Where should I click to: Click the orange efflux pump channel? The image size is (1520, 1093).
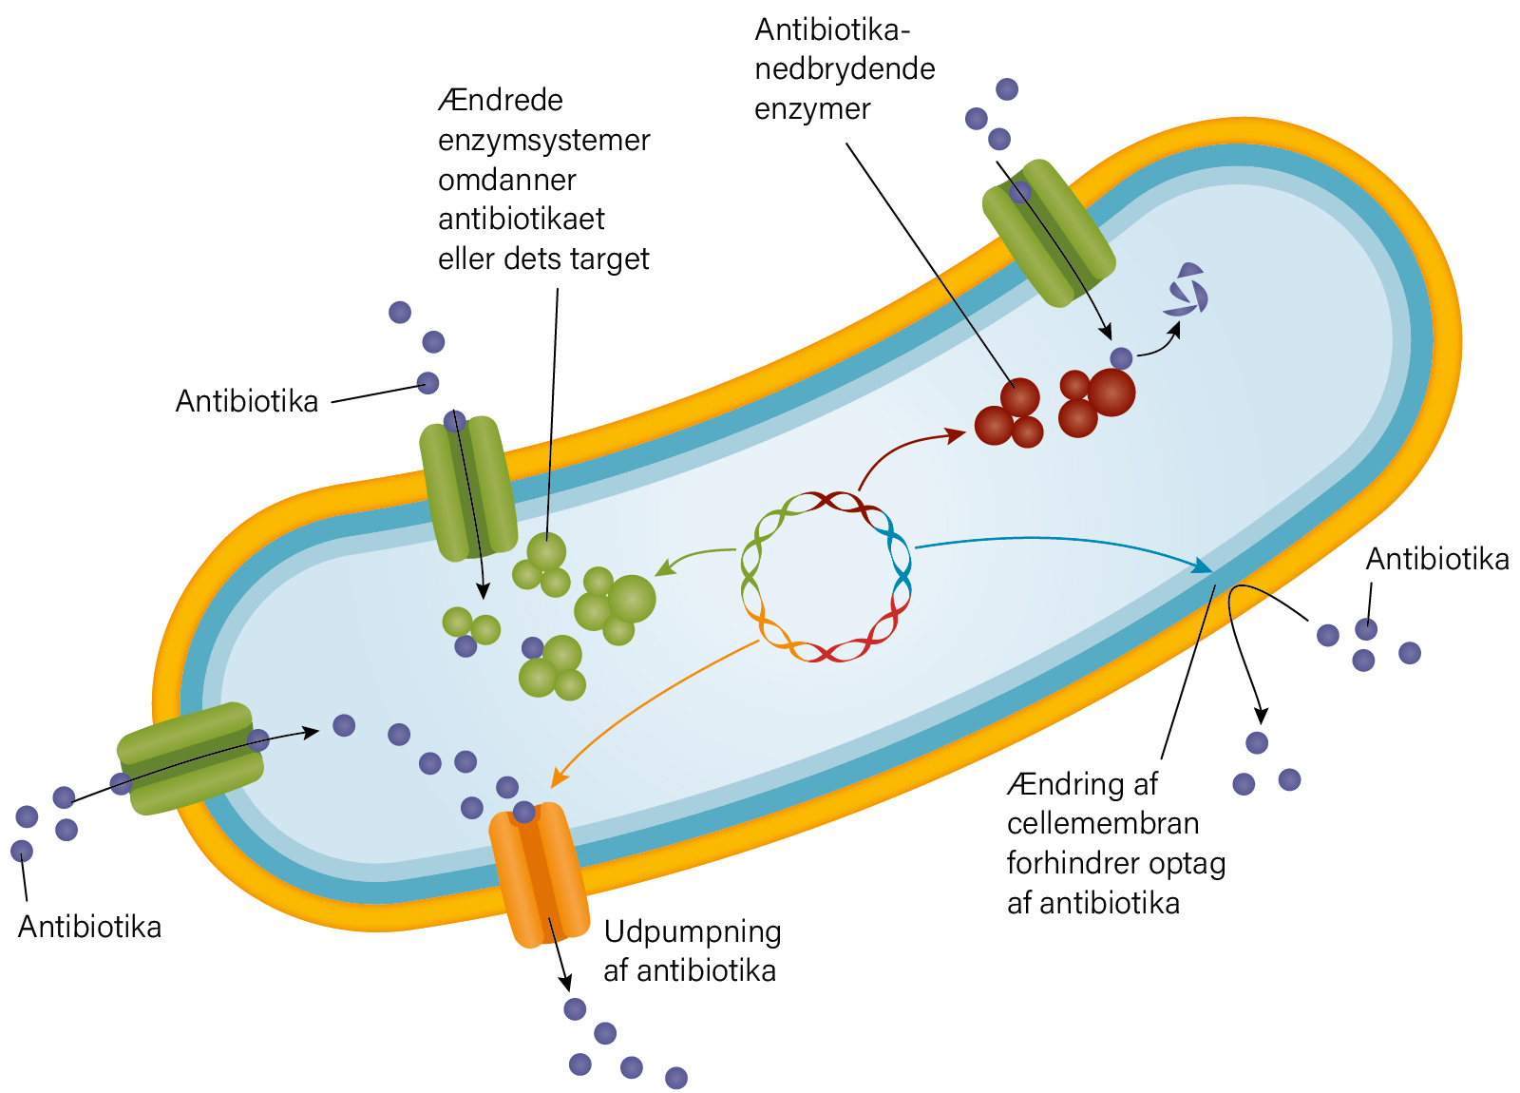point(539,874)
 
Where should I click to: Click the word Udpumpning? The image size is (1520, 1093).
point(693,932)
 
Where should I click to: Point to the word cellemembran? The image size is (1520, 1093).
point(1103,823)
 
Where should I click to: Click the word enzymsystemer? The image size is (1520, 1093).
point(543,142)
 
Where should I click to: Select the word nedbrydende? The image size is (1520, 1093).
point(845,68)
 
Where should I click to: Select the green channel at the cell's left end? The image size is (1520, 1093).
point(190,758)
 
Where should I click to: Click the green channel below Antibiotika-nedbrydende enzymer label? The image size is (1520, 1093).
point(1049,233)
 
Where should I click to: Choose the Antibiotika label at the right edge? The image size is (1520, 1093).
point(1437,560)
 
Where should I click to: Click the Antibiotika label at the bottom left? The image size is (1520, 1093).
point(89,928)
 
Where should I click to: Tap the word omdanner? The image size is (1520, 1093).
point(507,181)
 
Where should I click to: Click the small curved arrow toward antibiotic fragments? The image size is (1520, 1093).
point(1159,339)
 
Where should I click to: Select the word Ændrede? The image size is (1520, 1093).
point(501,101)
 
